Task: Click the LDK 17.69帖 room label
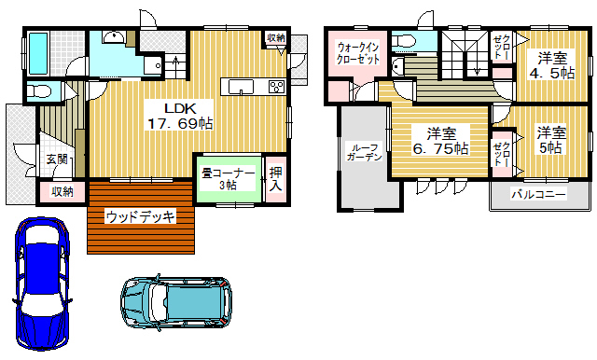point(180,116)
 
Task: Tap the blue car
point(42,284)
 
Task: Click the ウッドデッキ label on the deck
point(140,217)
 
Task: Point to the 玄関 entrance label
point(57,159)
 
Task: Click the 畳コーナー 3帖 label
point(228,179)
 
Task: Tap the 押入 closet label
point(276,179)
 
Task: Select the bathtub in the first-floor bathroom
point(38,53)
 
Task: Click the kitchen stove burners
point(276,87)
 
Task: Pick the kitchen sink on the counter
point(241,87)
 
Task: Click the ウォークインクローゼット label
point(358,53)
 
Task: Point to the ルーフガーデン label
point(365,152)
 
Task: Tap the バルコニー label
point(538,195)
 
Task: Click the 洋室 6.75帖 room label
point(441,141)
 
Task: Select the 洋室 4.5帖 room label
point(552,65)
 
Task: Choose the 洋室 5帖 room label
point(551,140)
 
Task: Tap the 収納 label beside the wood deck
point(62,191)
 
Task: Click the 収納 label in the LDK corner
point(276,37)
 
